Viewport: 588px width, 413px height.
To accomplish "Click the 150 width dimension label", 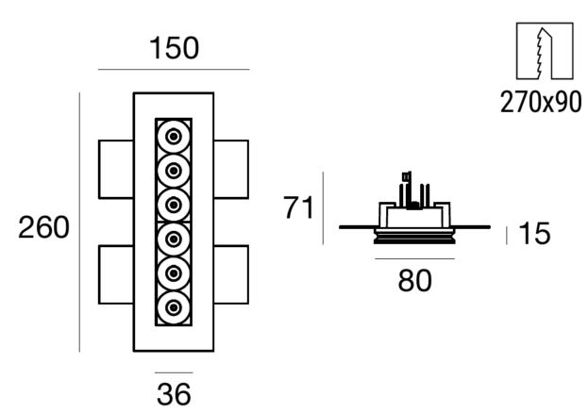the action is [174, 48].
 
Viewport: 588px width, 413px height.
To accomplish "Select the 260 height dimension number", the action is [43, 227].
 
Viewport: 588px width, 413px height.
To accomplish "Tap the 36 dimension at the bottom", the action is [174, 394].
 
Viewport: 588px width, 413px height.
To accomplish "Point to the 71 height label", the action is [298, 207].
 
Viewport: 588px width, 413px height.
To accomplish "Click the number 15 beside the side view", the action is [534, 234].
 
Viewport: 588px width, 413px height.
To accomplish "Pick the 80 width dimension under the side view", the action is [414, 280].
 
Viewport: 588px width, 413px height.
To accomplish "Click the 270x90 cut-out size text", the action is [541, 102].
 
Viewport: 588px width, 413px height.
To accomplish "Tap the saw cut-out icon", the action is [545, 51].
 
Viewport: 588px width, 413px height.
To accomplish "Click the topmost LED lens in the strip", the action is [174, 137].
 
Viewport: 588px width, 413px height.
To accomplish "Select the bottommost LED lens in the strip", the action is [174, 308].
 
